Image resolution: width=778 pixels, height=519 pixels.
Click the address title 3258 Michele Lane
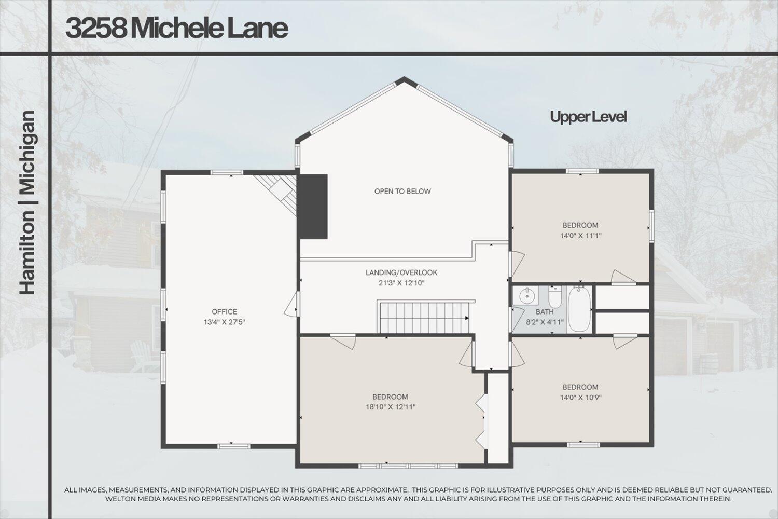pos(176,29)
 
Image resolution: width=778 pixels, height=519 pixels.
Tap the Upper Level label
pos(588,117)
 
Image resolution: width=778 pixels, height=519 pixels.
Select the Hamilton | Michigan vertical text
pos(27,202)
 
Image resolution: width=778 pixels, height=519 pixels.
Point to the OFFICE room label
pos(224,311)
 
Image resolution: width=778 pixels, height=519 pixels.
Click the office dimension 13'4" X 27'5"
pos(224,322)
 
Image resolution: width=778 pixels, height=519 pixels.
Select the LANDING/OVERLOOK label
pos(401,272)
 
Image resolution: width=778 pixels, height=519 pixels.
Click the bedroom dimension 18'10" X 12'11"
pos(390,407)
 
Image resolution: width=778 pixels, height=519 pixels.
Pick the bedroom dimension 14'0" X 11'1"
pos(580,235)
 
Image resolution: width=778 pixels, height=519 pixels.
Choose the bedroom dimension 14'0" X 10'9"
pos(580,397)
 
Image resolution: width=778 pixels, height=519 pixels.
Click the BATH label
pos(544,311)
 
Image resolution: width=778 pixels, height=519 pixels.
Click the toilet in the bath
pos(555,297)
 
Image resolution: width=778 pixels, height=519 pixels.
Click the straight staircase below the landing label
pos(425,318)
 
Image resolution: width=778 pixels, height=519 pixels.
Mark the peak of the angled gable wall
pos(402,80)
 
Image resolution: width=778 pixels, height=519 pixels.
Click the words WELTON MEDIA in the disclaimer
pos(132,499)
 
